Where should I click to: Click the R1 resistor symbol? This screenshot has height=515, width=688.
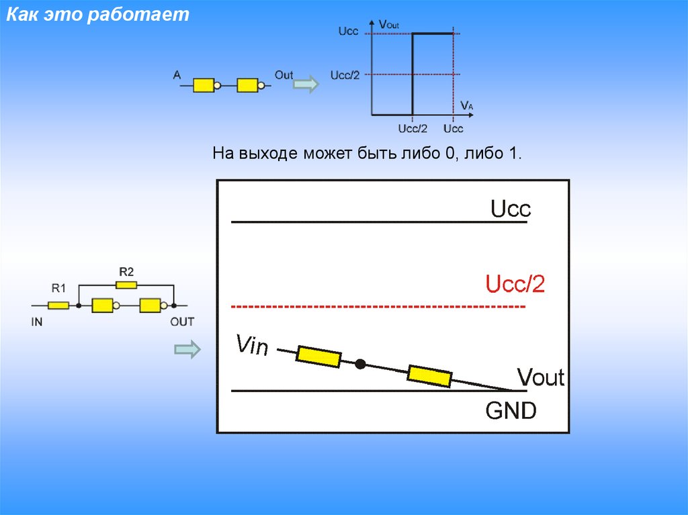(x=58, y=306)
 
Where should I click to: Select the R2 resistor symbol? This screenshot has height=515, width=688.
(x=126, y=285)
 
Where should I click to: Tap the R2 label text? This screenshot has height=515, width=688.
(x=126, y=272)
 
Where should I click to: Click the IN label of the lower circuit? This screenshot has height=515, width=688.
(x=37, y=322)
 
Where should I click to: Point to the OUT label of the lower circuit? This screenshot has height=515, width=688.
(x=181, y=322)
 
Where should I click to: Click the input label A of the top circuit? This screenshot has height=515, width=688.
(x=177, y=76)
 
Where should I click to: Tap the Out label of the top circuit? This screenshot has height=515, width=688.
(x=284, y=75)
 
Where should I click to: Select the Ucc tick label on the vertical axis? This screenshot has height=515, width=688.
(x=348, y=32)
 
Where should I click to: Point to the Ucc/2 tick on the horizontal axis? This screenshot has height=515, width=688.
(x=413, y=128)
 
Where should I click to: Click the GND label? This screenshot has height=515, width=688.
(x=511, y=410)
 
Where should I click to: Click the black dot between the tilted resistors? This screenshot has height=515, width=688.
(x=360, y=364)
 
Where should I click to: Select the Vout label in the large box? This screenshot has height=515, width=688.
(x=540, y=377)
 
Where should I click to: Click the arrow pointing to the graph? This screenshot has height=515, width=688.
(x=307, y=85)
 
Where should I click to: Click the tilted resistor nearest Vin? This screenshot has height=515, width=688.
(x=318, y=356)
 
